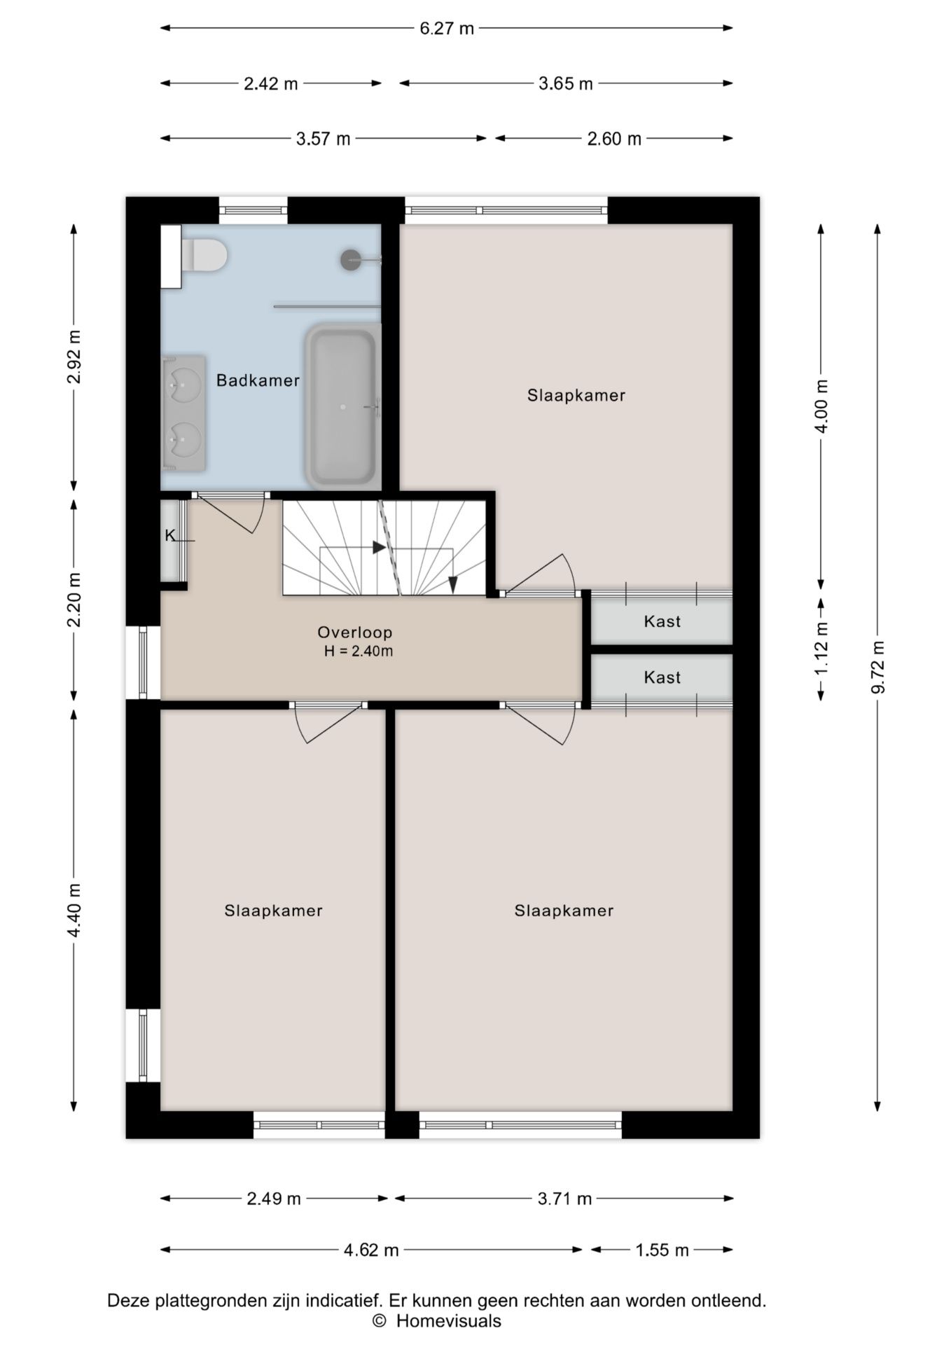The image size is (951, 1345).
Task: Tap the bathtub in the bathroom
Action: pos(342,406)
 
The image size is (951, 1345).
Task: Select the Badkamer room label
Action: pos(258,380)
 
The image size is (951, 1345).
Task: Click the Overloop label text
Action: pos(355,632)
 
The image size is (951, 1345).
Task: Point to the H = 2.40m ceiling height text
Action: pos(359,651)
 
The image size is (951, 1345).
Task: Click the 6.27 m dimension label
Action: pos(447,29)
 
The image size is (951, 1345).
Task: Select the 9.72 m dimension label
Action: pos(878,667)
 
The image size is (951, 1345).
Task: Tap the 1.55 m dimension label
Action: pos(662,1250)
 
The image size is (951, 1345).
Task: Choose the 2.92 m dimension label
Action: pos(74,357)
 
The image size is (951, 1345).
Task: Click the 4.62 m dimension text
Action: pos(371,1250)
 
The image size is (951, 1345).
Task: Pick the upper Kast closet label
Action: pos(662,621)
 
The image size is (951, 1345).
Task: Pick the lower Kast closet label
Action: pos(662,677)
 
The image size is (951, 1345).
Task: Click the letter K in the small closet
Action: pos(169,536)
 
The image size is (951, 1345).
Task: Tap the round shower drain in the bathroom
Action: pos(351,260)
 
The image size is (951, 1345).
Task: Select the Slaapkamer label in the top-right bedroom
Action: pos(576,395)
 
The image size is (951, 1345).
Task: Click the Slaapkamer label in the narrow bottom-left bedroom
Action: pos(273,911)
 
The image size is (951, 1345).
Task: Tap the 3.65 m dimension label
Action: pos(565,84)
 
